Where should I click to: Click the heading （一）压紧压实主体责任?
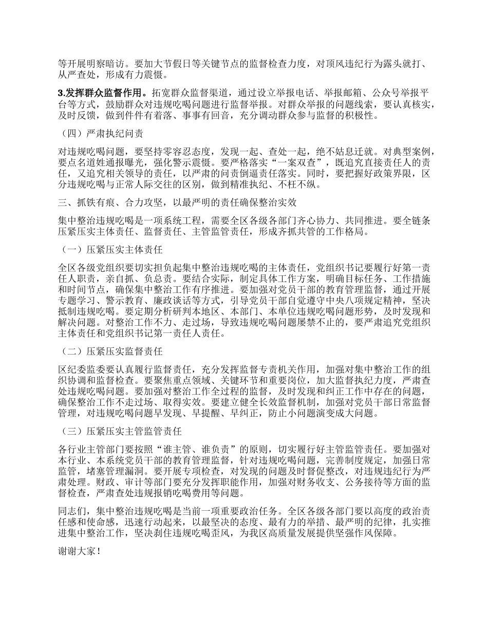(111, 250)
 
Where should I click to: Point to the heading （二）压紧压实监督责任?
(111, 351)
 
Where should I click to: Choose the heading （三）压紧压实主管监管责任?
(121, 431)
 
